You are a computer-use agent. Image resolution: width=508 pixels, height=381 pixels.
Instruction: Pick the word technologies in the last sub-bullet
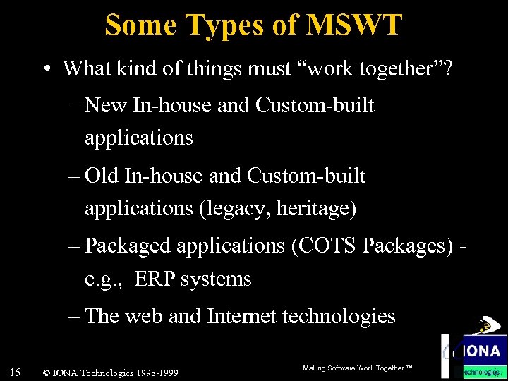(x=339, y=315)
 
